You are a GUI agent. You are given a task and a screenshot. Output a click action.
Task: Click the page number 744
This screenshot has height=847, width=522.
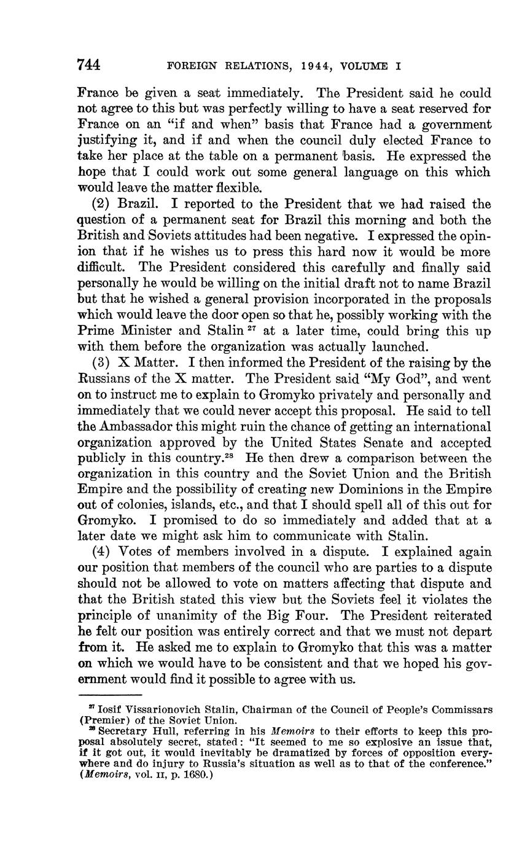[90, 64]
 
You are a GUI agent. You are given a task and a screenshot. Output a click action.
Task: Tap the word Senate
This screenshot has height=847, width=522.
[422, 442]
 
